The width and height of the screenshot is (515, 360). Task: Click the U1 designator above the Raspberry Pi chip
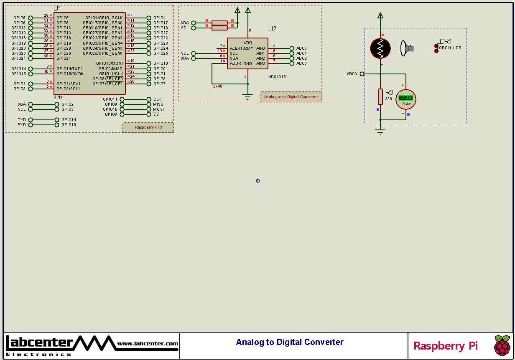coord(57,8)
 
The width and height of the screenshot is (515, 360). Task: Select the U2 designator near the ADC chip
coord(272,29)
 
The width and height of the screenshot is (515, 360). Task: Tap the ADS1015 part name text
coord(277,77)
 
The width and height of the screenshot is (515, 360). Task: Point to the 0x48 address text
coord(217,86)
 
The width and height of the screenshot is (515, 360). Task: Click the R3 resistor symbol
coord(380,96)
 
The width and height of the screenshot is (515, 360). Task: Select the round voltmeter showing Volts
coord(405,99)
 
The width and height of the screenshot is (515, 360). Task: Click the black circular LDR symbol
coord(380,48)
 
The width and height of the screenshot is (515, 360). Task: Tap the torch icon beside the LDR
coord(406,48)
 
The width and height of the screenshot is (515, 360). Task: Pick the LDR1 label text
coord(444,41)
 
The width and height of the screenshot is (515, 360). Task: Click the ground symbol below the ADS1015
coord(248,98)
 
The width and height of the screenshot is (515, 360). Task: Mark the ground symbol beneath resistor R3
coord(380,132)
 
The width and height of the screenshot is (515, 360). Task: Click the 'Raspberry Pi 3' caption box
coord(148,127)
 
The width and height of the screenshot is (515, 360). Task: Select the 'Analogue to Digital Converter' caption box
coord(291,97)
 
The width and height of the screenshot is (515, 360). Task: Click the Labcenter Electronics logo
coord(39,345)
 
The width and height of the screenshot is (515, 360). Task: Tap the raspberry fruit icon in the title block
coord(502,345)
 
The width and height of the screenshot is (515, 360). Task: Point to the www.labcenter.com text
coord(148,344)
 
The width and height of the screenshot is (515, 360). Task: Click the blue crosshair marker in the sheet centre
coord(258,181)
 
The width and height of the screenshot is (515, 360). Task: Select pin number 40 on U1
coord(46,56)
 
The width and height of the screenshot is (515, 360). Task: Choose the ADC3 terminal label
coord(301,63)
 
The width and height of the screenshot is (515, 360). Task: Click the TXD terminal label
coord(22,120)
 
